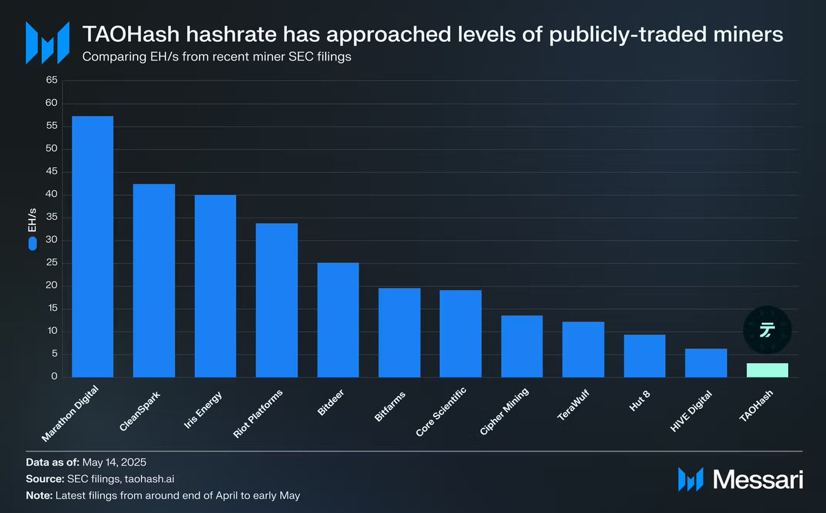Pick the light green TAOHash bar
(x=767, y=370)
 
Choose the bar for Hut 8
(x=644, y=356)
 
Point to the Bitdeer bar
(x=338, y=320)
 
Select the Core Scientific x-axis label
(x=442, y=412)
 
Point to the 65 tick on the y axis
(x=52, y=81)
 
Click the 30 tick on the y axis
(x=52, y=240)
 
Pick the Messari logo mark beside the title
(x=47, y=42)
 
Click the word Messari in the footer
(x=759, y=479)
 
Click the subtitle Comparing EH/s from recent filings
(x=217, y=56)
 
